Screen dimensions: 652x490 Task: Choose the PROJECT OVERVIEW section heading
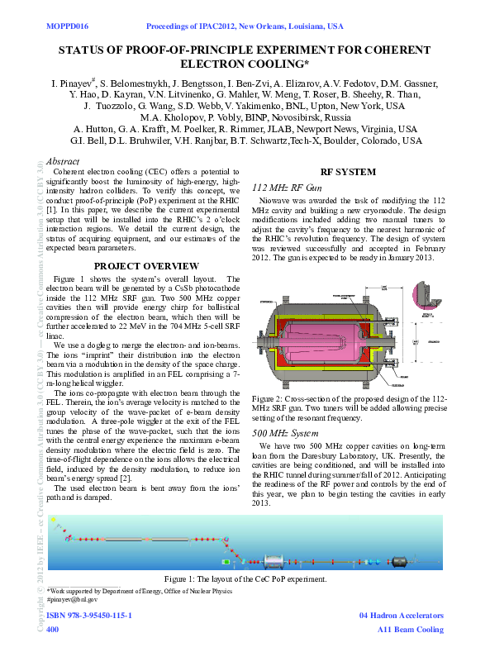[x=146, y=265]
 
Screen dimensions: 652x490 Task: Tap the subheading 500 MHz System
[x=283, y=433]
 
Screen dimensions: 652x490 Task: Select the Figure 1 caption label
[x=183, y=579]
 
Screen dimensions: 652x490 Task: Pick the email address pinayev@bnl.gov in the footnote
[x=75, y=599]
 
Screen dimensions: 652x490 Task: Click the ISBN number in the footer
[x=90, y=616]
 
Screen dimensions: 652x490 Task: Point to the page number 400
[x=53, y=630]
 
